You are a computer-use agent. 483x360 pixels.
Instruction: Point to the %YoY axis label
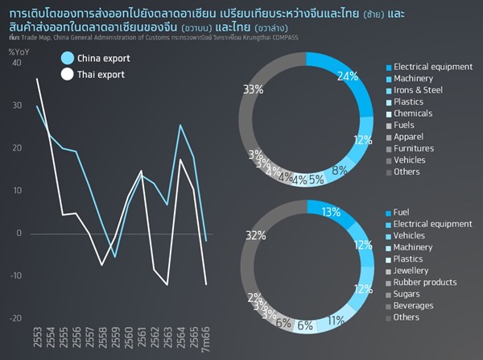click(19, 52)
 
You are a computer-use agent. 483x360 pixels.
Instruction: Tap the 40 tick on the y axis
click(17, 63)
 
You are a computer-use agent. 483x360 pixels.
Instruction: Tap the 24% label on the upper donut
click(348, 77)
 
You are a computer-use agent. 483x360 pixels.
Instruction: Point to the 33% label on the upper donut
click(253, 89)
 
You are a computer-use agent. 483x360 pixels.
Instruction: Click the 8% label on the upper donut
click(341, 170)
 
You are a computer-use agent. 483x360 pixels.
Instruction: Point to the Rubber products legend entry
click(428, 283)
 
